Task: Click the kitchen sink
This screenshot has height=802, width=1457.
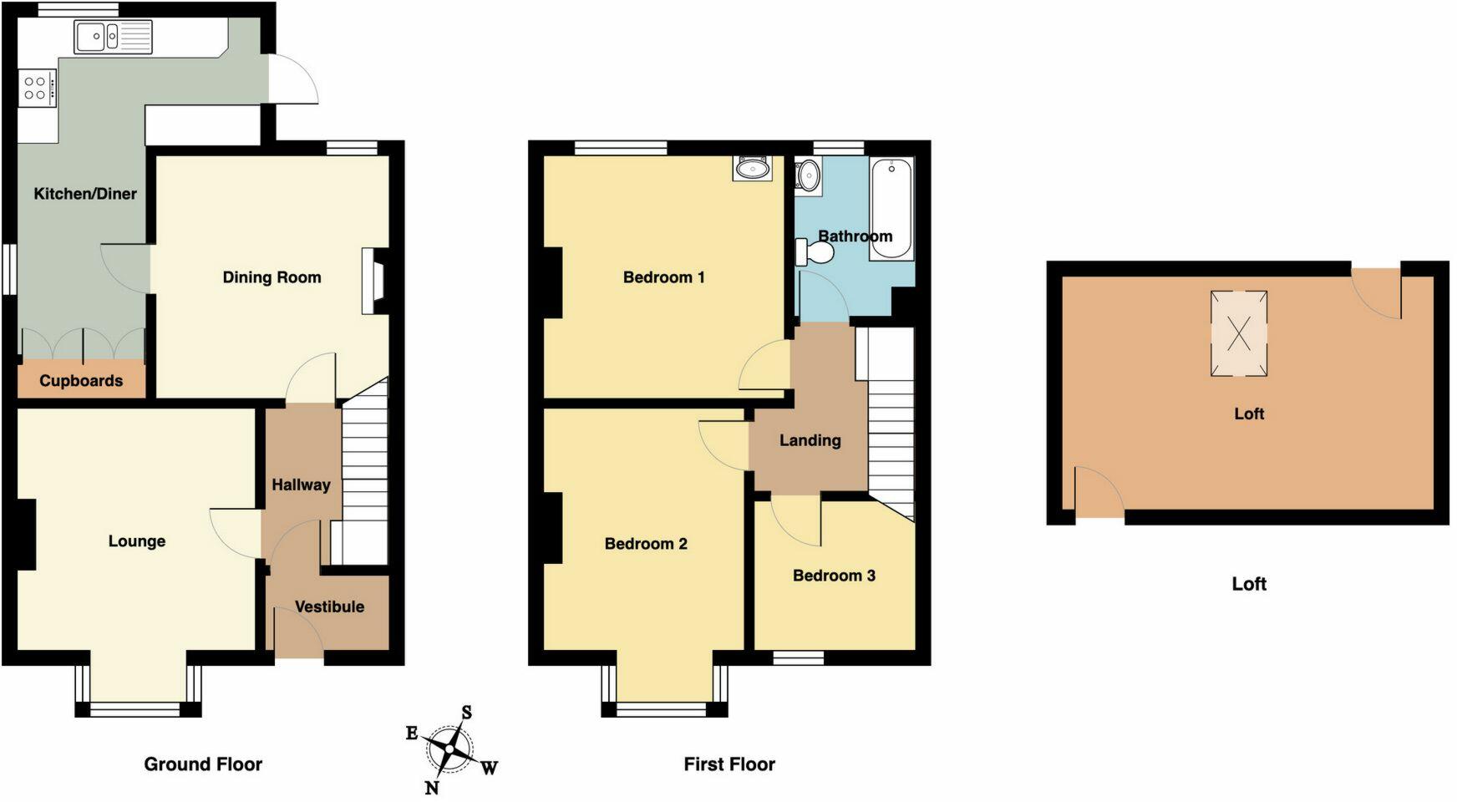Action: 113,37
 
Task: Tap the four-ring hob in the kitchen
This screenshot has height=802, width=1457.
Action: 36,88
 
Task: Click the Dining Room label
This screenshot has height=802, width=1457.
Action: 272,277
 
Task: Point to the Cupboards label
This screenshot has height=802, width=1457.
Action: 81,381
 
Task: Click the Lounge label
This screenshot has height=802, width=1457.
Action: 137,541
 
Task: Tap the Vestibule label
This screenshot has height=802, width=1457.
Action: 329,607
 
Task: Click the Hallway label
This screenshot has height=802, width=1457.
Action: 301,485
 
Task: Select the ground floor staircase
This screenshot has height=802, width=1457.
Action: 365,468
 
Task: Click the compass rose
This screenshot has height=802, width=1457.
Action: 450,748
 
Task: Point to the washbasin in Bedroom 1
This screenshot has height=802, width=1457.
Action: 753,169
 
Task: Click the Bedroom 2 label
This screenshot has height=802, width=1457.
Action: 646,545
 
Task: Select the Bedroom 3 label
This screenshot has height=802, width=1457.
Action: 834,576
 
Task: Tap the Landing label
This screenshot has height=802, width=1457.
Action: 810,441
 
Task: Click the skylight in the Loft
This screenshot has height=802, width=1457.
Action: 1239,333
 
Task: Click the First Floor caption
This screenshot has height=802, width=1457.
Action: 729,764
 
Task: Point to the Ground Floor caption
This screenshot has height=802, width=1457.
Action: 203,764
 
